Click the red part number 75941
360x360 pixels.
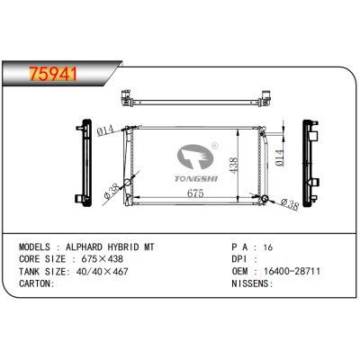(53, 74)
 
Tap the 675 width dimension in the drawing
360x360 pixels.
(195, 193)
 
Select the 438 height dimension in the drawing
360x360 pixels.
(234, 165)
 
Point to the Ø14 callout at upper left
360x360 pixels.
(105, 130)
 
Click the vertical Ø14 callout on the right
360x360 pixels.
(279, 157)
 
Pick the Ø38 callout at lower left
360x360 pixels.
(111, 192)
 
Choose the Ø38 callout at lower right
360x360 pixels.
(290, 204)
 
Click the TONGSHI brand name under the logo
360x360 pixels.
(196, 179)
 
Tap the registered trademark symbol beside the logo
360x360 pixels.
(215, 146)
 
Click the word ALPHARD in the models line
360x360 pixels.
(84, 247)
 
